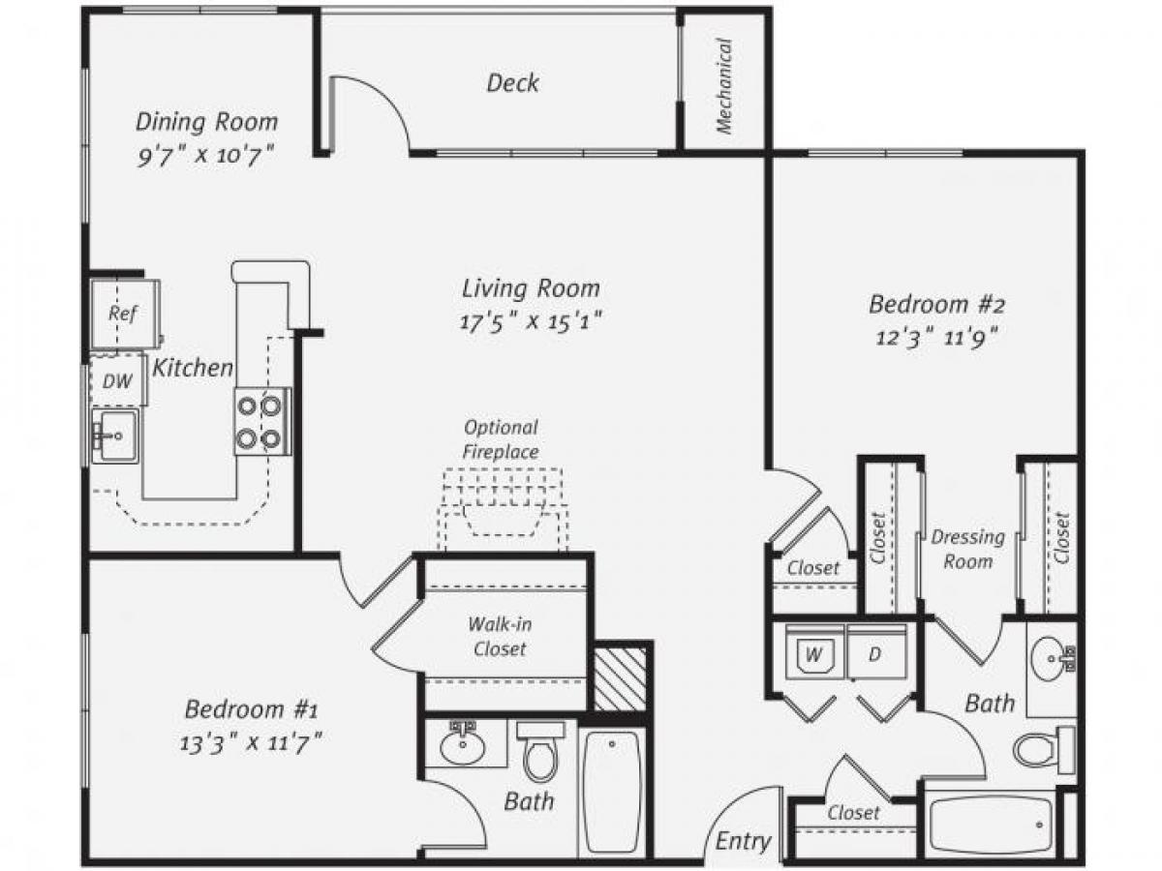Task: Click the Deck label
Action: (x=512, y=83)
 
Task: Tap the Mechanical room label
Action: (x=723, y=85)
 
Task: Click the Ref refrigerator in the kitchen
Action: (x=123, y=313)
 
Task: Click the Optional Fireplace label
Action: (x=500, y=438)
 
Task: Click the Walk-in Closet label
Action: (x=500, y=636)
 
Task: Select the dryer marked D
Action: (x=875, y=653)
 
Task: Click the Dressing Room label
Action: (x=962, y=548)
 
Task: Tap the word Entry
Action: (x=743, y=840)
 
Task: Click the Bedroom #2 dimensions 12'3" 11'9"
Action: (x=936, y=338)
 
